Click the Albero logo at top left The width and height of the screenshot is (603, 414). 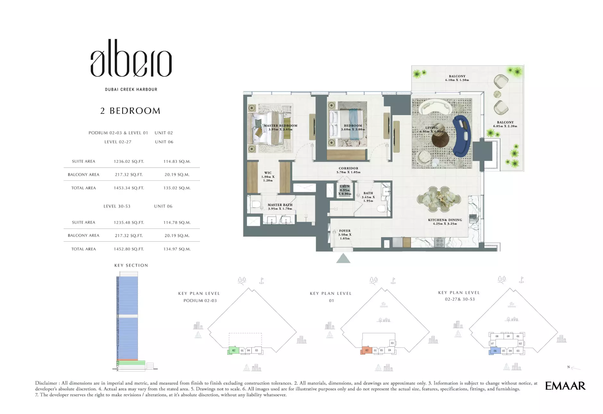pyautogui.click(x=131, y=59)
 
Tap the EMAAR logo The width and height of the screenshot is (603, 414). pyautogui.click(x=565, y=386)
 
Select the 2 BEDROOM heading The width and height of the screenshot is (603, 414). pyautogui.click(x=130, y=111)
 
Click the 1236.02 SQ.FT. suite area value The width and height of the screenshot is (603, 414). pyautogui.click(x=129, y=161)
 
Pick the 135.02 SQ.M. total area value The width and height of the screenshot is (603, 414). pyautogui.click(x=177, y=188)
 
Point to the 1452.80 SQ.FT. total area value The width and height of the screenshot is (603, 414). pyautogui.click(x=129, y=249)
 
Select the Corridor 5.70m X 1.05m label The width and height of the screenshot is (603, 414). pyautogui.click(x=348, y=170)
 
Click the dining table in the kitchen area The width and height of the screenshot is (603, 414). pyautogui.click(x=439, y=199)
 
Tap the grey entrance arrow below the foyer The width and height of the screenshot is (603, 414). pyautogui.click(x=343, y=258)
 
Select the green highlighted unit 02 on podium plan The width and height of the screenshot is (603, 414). pyautogui.click(x=234, y=351)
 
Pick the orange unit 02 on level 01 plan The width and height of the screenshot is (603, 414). pyautogui.click(x=366, y=351)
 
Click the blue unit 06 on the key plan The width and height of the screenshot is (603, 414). pyautogui.click(x=495, y=351)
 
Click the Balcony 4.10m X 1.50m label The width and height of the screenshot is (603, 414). pyautogui.click(x=457, y=78)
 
